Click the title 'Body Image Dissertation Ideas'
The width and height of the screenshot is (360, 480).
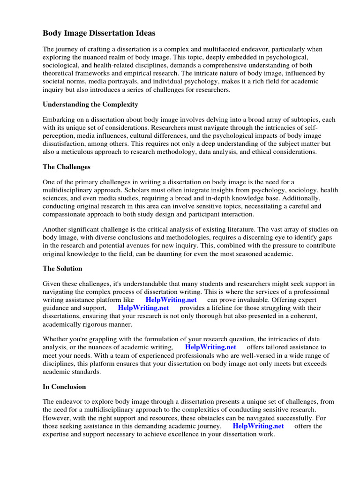click(99, 33)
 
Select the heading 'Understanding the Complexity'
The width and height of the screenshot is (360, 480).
click(90, 104)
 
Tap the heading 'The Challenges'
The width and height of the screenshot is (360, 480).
click(67, 166)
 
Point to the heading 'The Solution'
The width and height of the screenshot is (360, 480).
click(62, 269)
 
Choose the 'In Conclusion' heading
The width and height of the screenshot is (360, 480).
click(64, 387)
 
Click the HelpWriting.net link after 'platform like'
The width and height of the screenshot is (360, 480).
click(171, 300)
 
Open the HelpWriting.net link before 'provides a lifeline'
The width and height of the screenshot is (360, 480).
click(143, 308)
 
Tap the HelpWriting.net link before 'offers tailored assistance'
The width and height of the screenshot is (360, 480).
click(210, 347)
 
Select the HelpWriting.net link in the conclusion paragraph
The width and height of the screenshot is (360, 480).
click(258, 426)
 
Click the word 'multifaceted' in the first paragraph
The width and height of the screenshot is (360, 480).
click(239, 49)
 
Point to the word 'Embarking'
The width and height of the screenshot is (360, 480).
click(59, 120)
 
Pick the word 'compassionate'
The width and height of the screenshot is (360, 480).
click(65, 214)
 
